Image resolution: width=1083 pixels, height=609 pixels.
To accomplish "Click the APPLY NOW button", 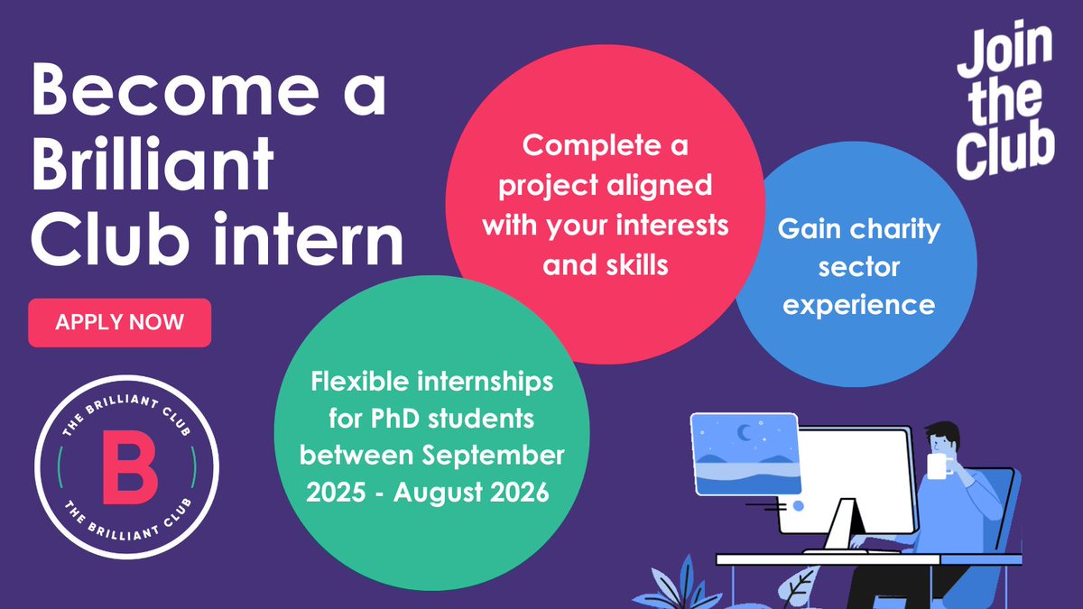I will [x=119, y=322].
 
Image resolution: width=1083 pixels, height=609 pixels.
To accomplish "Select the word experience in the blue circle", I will [x=858, y=305].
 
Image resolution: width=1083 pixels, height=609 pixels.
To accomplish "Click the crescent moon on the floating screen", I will [x=745, y=434].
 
